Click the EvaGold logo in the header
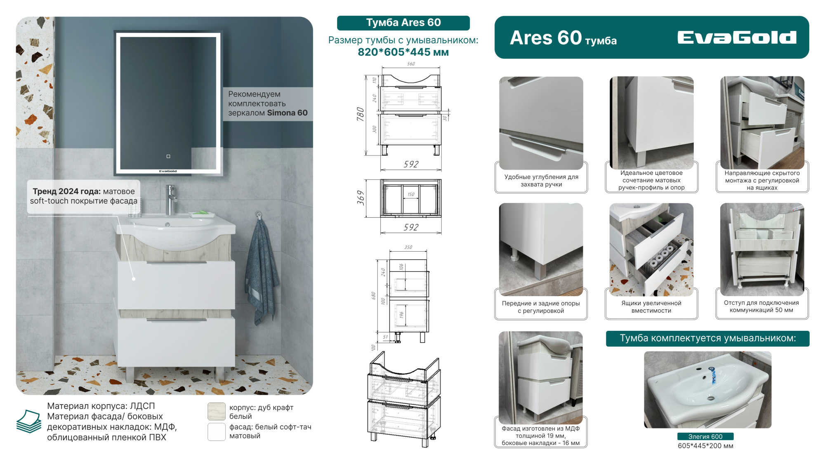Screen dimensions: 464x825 tap(737, 38)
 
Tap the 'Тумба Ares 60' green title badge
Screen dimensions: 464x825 tap(403, 23)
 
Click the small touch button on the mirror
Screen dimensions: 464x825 tap(168, 156)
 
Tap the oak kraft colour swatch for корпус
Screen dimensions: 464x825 tap(217, 412)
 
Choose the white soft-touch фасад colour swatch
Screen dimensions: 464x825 tap(217, 432)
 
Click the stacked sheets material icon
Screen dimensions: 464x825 tap(29, 421)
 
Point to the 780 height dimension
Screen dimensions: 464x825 tap(360, 114)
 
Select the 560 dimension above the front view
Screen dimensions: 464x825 tap(411, 64)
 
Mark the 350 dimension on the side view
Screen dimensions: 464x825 tap(408, 247)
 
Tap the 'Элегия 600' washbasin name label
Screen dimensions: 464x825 tap(705, 436)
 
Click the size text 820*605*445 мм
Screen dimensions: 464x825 tap(403, 52)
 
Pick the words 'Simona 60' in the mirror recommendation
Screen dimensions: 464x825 tap(287, 113)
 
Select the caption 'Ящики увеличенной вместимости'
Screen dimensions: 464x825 tap(651, 307)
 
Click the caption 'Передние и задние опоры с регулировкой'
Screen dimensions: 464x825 tap(541, 307)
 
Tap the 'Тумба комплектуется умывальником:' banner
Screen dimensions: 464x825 tap(707, 339)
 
